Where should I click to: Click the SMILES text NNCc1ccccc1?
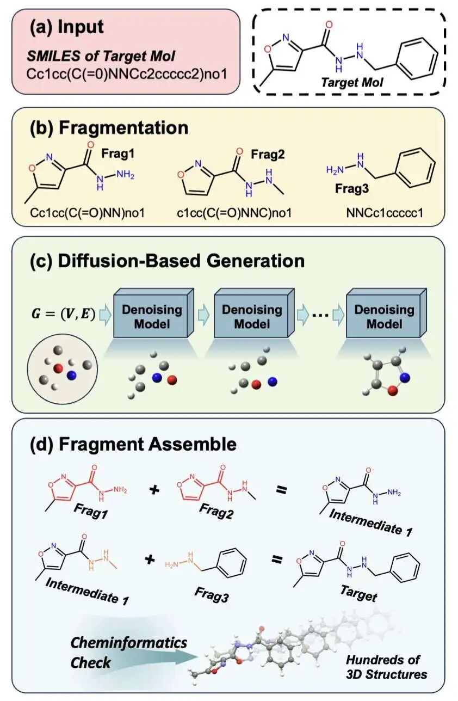coord(384,213)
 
